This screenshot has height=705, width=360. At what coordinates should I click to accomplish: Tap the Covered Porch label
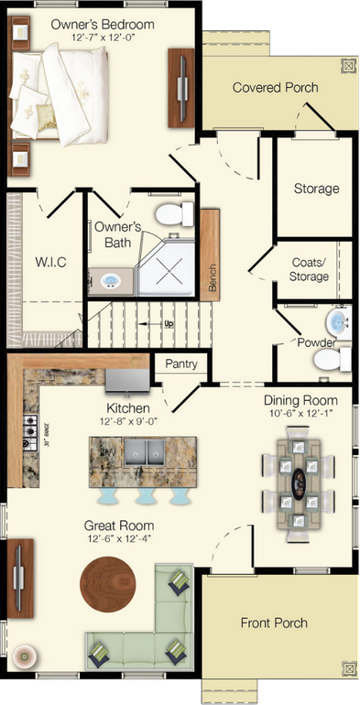click(x=275, y=88)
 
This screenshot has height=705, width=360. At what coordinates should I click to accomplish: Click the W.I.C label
click(x=49, y=262)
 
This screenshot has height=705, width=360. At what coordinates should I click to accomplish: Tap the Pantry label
click(x=181, y=363)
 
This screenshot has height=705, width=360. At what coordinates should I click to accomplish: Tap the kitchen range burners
click(x=29, y=428)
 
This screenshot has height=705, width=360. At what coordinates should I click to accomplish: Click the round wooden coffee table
click(x=107, y=583)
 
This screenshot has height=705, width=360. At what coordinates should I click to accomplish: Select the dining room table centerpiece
click(x=300, y=481)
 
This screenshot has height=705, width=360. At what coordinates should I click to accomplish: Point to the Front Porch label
click(x=274, y=623)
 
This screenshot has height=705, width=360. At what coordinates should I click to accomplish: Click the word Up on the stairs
click(x=168, y=324)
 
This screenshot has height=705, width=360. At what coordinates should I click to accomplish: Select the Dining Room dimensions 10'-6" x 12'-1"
click(x=300, y=416)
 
